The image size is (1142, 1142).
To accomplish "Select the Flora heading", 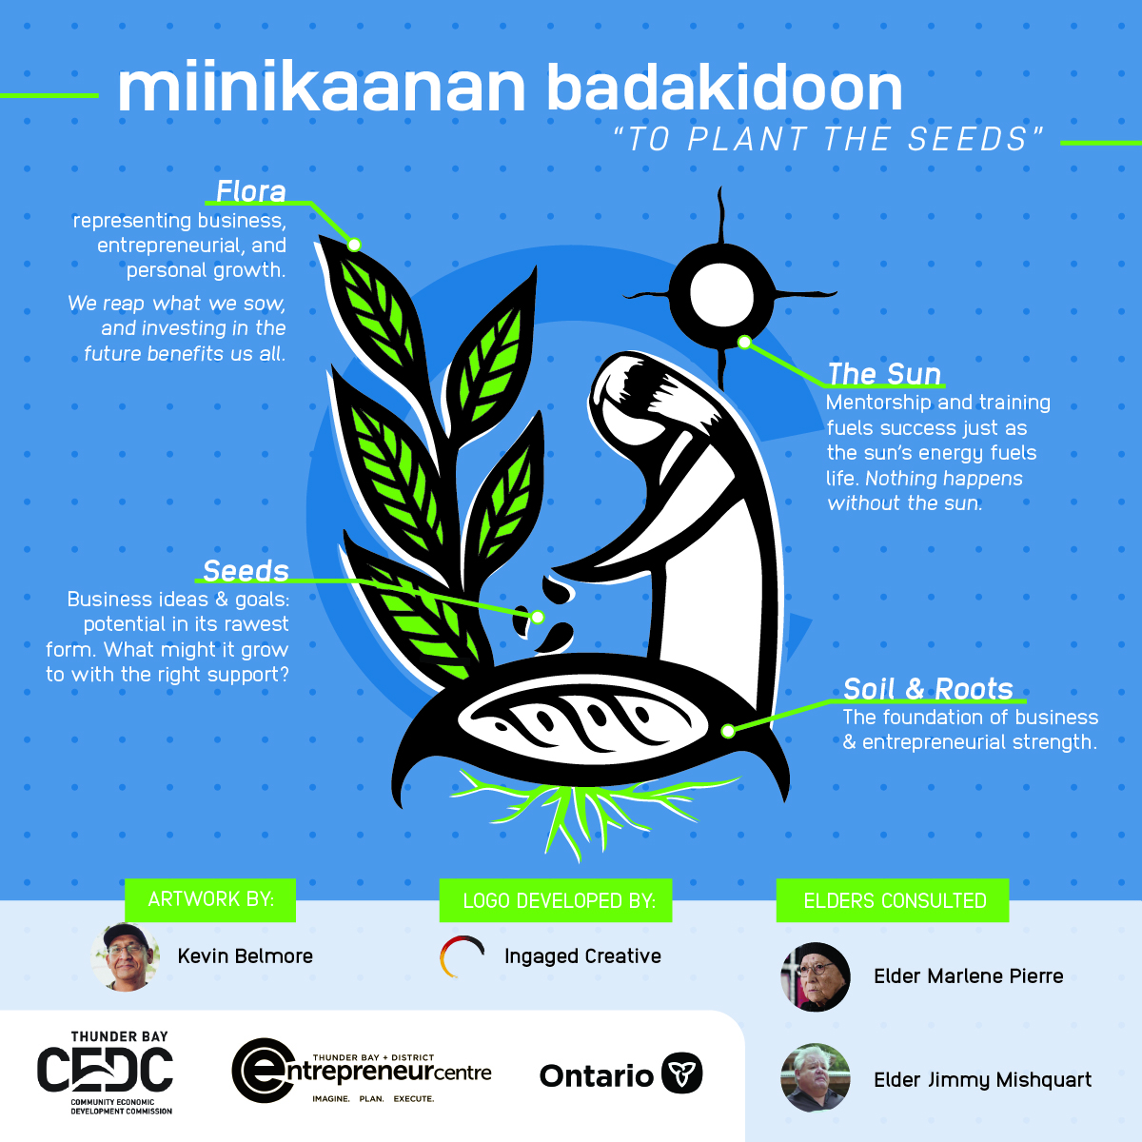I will click(x=250, y=191).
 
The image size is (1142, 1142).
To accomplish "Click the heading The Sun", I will click(x=884, y=374).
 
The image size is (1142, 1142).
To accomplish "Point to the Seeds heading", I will click(x=246, y=570).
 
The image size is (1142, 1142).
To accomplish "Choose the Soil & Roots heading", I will click(x=928, y=688).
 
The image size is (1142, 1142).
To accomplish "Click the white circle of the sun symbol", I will click(x=721, y=292).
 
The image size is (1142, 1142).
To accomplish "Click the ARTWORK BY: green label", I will click(x=210, y=899).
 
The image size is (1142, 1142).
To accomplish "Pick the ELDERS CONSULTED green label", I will click(x=895, y=900).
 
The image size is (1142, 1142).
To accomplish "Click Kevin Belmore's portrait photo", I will click(x=126, y=956).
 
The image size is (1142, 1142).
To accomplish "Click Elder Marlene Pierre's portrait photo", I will click(x=815, y=976).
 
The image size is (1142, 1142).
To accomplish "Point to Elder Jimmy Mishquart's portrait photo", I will click(x=815, y=1078).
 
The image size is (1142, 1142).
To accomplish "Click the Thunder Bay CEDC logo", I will click(x=105, y=1072).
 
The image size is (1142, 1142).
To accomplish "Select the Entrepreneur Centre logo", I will click(x=362, y=1072).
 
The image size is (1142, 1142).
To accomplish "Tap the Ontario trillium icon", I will click(x=681, y=1075).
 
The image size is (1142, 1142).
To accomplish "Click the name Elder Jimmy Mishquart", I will click(x=982, y=1080).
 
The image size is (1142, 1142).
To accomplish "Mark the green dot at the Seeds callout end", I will click(x=538, y=618).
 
